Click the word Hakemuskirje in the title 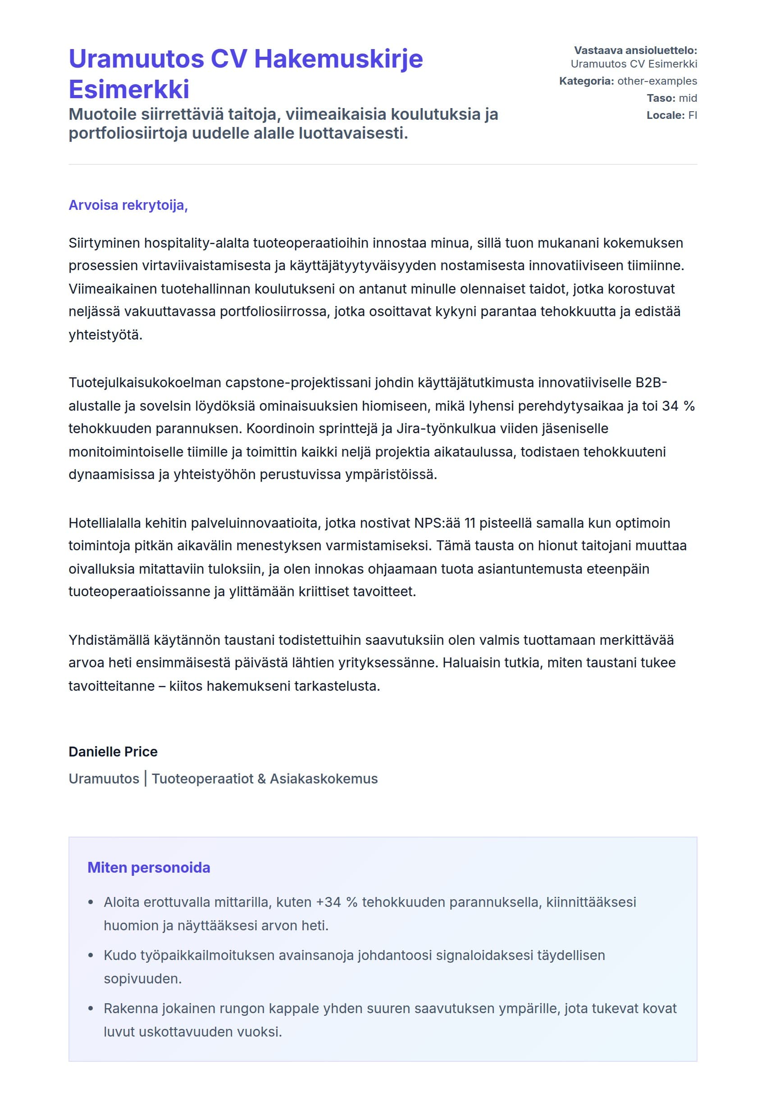point(338,59)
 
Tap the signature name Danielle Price point(113,752)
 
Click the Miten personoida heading point(149,868)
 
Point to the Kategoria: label point(587,81)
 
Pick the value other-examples point(657,81)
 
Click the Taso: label point(661,98)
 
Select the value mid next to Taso point(688,98)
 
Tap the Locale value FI point(693,115)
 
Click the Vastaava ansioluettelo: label point(635,50)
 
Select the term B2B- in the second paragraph point(651,383)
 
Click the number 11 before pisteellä point(470,523)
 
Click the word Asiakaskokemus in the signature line point(324,779)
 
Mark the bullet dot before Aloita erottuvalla point(91,903)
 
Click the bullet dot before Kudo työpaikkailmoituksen point(91,956)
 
